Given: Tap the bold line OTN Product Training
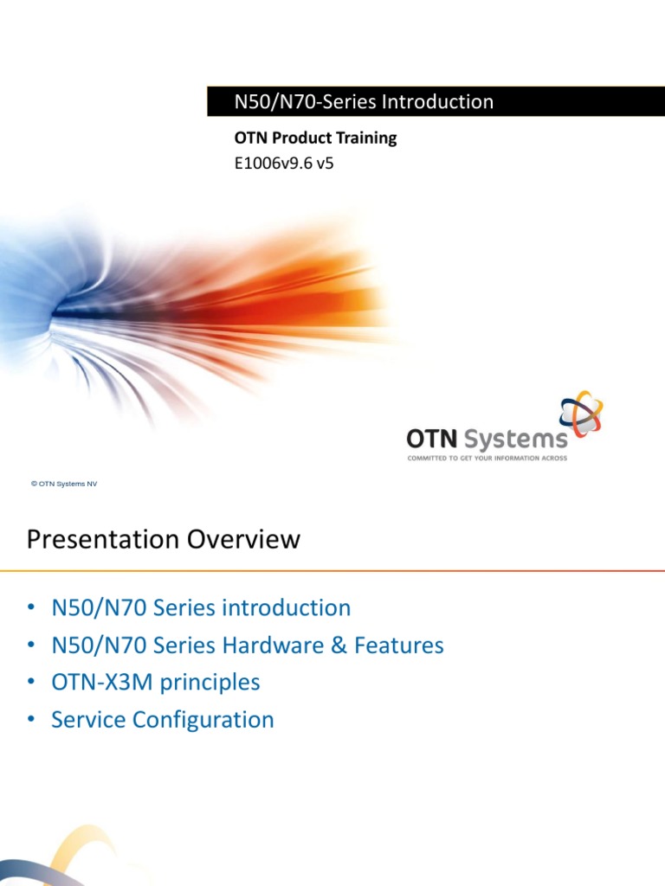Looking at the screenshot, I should coord(315,138).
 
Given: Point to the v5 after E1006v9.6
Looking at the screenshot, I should coord(324,162).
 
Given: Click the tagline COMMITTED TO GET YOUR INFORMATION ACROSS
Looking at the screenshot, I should coord(487,459).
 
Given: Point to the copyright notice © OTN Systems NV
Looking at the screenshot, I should coord(64,485).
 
